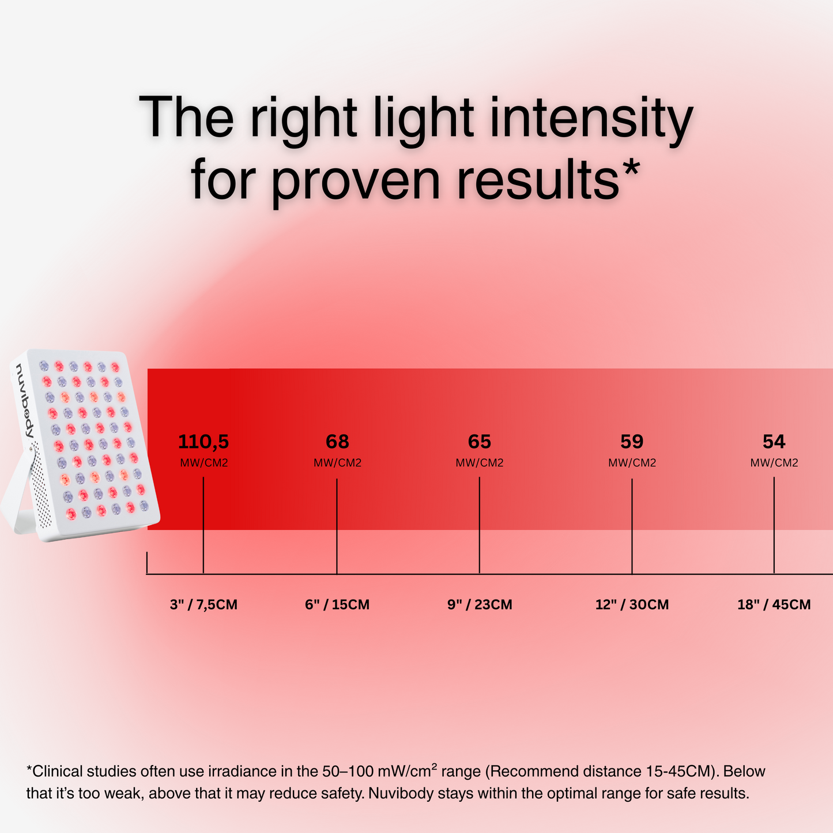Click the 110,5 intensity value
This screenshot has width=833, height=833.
click(x=203, y=442)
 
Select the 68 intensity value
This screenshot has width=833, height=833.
click(x=337, y=442)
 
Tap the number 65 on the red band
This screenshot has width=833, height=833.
click(x=480, y=442)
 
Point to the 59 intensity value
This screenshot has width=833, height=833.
click(x=632, y=442)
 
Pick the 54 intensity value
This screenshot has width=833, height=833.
click(x=774, y=442)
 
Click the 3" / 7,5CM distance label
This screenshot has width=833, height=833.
click(x=203, y=605)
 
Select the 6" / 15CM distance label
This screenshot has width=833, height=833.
click(x=337, y=605)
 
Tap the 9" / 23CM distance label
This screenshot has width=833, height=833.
click(x=480, y=605)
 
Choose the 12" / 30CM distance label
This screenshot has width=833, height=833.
click(x=632, y=605)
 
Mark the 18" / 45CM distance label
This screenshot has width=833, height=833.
click(x=774, y=605)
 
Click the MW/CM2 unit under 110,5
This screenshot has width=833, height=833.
click(x=204, y=463)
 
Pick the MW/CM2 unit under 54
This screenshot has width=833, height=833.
click(x=774, y=463)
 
